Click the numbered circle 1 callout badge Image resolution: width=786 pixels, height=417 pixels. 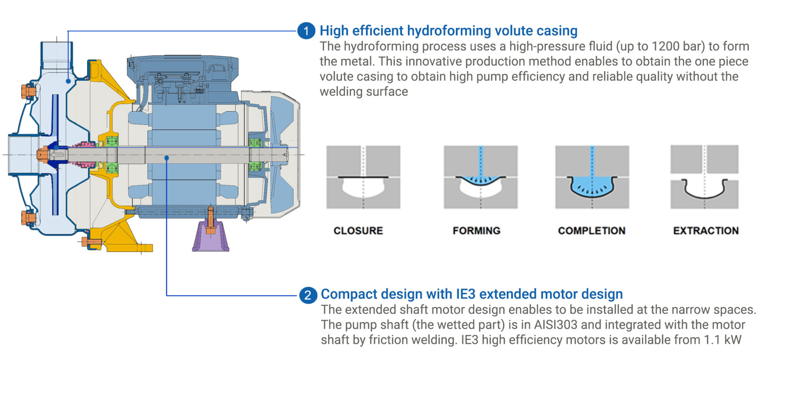[306, 31]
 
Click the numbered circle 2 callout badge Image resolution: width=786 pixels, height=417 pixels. [308, 295]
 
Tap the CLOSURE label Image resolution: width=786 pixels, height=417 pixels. [358, 230]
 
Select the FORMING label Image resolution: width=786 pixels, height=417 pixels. [476, 230]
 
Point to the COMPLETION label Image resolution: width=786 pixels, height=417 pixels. [591, 230]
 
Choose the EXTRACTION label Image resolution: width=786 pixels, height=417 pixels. [706, 230]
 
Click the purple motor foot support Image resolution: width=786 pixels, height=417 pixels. [211, 238]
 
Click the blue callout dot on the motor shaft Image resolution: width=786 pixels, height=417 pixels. [167, 158]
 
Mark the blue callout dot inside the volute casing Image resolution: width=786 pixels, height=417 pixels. [68, 81]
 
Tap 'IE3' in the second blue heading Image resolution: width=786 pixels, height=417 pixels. [466, 294]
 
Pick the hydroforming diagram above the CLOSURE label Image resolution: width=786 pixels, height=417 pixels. [363, 177]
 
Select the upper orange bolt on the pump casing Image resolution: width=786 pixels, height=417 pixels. [28, 91]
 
